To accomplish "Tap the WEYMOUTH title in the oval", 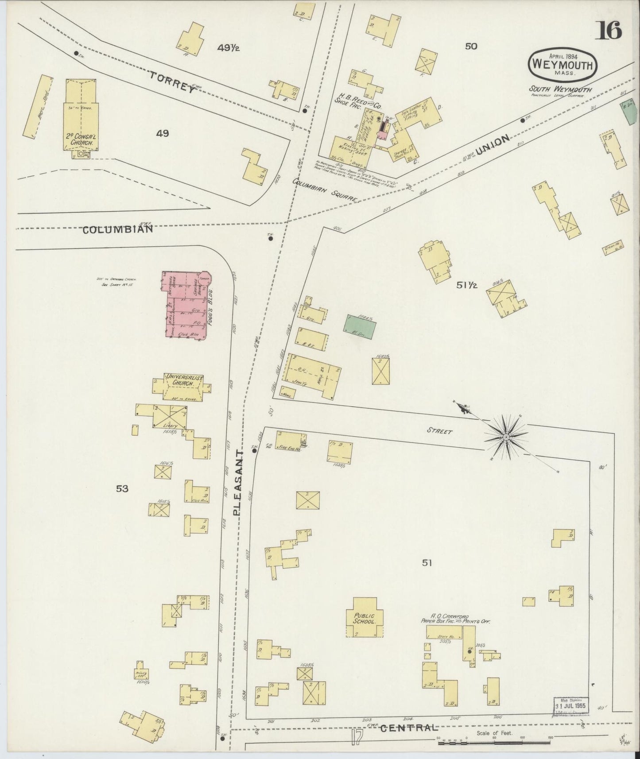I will (562, 65).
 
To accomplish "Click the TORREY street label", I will (172, 82).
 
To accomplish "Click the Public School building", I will (365, 618).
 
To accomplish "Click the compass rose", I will (506, 437).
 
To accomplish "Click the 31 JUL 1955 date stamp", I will (571, 705).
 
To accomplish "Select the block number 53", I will (122, 488).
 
